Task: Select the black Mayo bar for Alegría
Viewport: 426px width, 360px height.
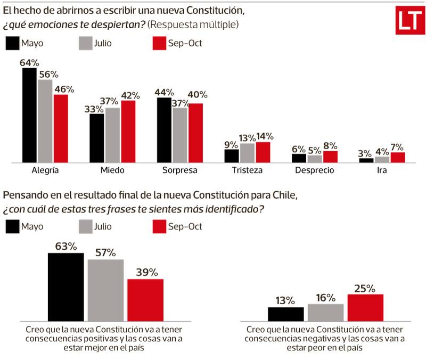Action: (x=29, y=115)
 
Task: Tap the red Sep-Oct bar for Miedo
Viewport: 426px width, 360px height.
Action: (x=128, y=132)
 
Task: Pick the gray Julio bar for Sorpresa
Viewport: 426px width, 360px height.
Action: (x=180, y=135)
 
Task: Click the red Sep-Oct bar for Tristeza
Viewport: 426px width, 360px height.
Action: (x=263, y=152)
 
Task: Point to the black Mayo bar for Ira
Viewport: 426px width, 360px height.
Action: (x=366, y=160)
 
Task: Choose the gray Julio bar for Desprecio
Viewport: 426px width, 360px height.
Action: (x=315, y=159)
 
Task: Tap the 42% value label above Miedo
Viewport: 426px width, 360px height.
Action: (x=129, y=95)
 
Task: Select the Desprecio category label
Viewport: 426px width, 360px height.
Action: (x=315, y=171)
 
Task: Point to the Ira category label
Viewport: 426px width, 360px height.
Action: (x=382, y=171)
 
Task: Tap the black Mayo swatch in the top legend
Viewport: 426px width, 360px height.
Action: (x=12, y=43)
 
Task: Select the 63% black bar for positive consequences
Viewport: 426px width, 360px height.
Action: (x=66, y=288)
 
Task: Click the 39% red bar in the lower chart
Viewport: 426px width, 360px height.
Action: (x=145, y=301)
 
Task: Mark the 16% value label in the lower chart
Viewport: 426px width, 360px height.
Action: (x=325, y=298)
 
